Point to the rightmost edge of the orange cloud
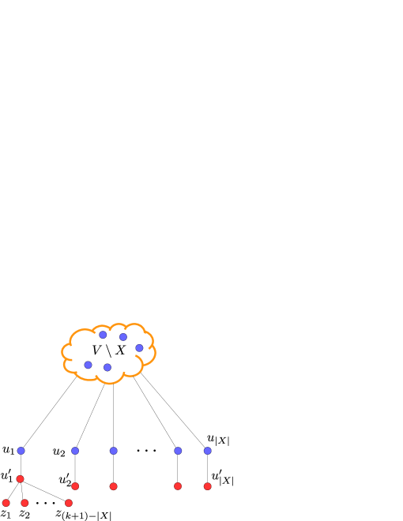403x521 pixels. click(x=156, y=351)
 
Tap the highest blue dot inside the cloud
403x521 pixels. click(x=103, y=335)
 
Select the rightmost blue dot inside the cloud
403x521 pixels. click(x=139, y=348)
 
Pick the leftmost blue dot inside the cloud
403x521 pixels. click(x=88, y=365)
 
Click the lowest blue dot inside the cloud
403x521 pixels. click(x=107, y=367)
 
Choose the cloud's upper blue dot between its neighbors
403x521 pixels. click(x=123, y=337)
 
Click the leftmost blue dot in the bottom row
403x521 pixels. click(x=21, y=451)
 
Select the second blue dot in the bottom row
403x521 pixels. click(x=75, y=451)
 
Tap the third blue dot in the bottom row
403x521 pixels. click(x=114, y=451)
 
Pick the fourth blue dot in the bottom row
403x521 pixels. click(x=178, y=451)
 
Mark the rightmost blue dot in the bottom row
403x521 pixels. click(x=208, y=451)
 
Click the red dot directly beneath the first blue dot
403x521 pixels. click(x=21, y=479)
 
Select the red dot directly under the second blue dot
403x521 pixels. click(x=75, y=486)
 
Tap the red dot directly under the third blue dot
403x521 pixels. click(x=114, y=486)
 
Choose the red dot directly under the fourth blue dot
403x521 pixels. click(x=178, y=486)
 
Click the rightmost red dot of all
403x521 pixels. click(x=208, y=486)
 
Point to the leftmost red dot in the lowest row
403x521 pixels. click(x=6, y=503)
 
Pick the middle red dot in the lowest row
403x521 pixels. click(x=25, y=503)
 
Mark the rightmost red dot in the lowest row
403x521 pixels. click(x=69, y=503)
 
